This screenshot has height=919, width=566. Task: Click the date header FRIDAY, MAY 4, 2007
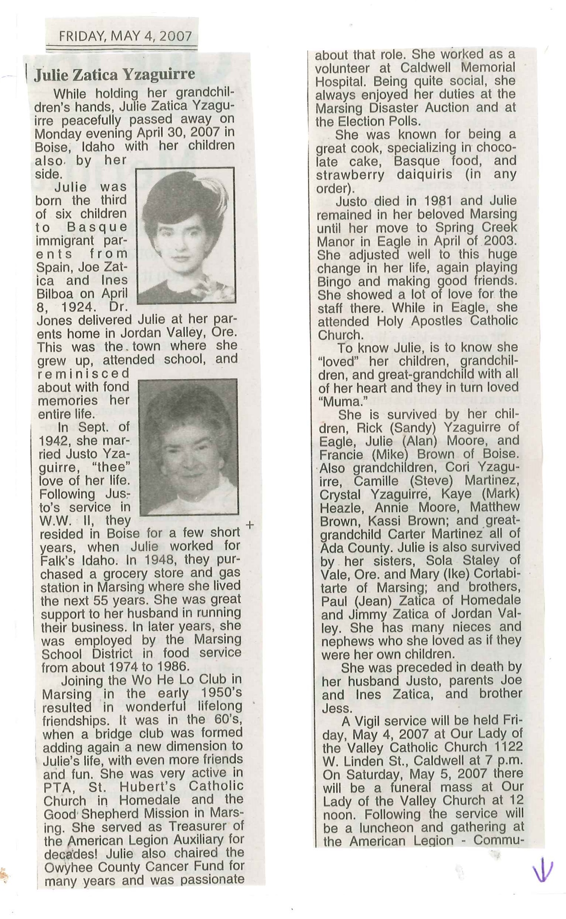pyautogui.click(x=126, y=36)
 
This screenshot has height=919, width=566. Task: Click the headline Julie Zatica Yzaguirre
pyautogui.click(x=115, y=74)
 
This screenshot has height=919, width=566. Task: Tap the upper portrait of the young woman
pyautogui.click(x=186, y=235)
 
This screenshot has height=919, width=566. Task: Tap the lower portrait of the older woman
pyautogui.click(x=188, y=446)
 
